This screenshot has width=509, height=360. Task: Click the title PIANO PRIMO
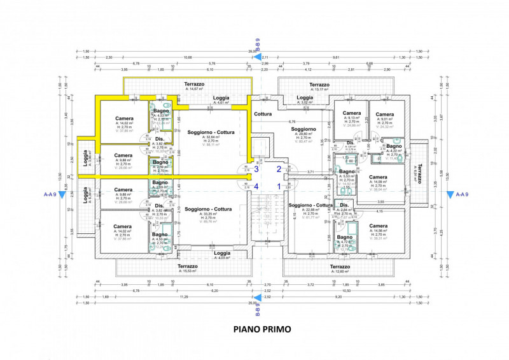[262, 329]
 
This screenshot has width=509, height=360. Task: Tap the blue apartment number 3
[256, 169]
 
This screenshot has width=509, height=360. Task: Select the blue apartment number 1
[278, 186]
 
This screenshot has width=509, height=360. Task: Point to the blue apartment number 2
[278, 169]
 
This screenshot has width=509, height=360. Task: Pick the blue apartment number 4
[256, 187]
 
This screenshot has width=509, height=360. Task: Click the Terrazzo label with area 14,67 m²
[194, 85]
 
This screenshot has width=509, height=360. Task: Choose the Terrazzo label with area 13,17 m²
[319, 85]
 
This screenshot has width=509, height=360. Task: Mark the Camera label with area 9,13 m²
[352, 113]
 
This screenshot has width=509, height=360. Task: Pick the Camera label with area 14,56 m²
[378, 226]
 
